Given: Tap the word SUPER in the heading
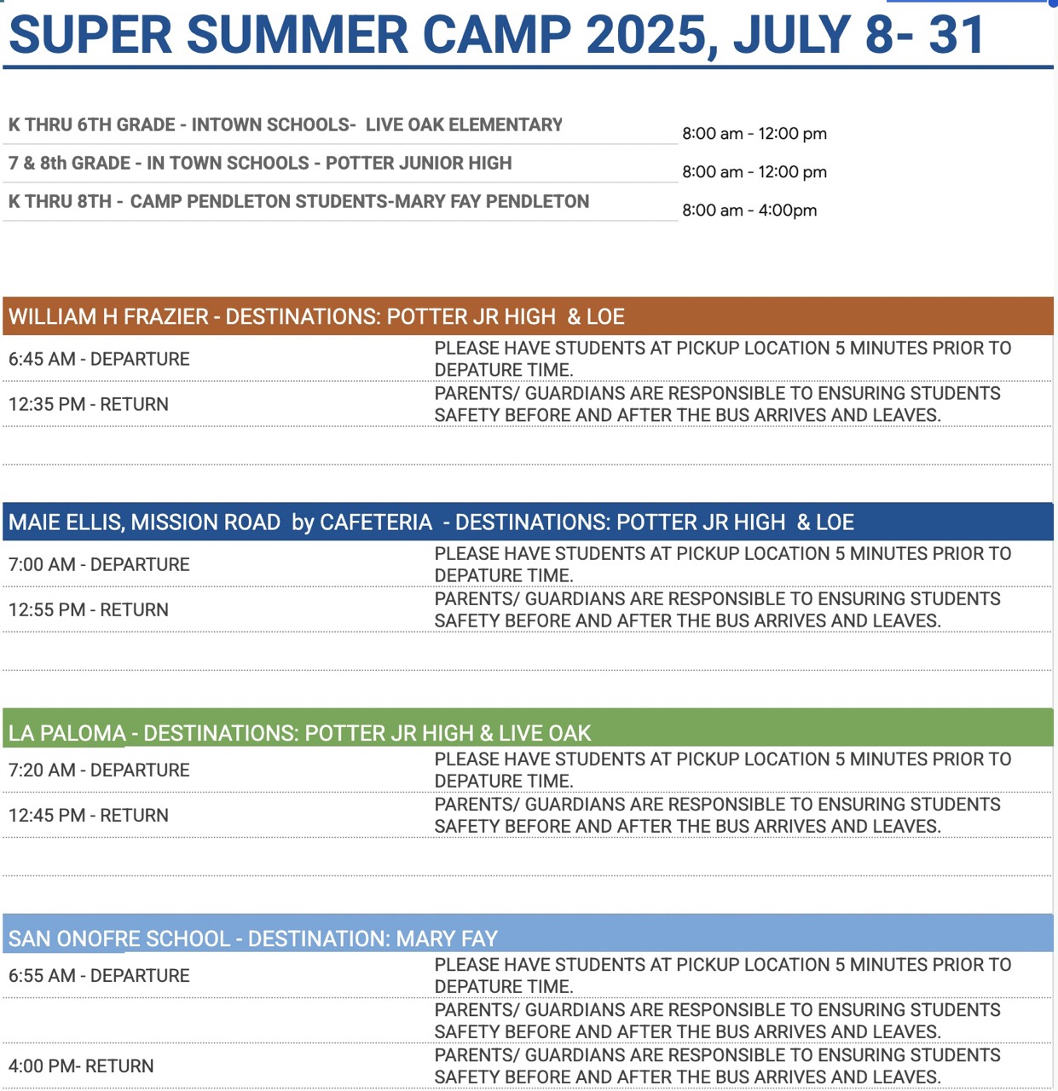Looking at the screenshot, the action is pos(90,35).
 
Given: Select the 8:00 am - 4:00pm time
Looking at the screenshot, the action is pos(749,211).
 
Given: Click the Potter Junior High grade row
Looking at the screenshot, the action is pos(260,163).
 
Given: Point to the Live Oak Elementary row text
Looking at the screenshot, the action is pos(286,124).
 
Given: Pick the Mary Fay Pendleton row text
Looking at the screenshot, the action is pos(299,201).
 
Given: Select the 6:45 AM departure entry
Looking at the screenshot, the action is pos(99,359).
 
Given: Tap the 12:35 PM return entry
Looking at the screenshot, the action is pos(89,404).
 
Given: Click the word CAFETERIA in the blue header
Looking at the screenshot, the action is pos(376,522).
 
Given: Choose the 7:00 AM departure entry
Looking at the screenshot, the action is pos(99,564).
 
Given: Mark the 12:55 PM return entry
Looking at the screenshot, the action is pos(89,609).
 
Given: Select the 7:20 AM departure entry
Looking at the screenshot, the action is pos(99,770).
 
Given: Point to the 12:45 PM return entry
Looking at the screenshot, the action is pos(89,815).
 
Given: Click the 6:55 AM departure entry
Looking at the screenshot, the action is pos(99,976).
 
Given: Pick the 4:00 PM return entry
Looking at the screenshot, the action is pos(81,1065).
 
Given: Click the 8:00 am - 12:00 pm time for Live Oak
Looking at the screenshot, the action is pos(754,134).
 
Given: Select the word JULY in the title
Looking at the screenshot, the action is pos(792,35).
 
